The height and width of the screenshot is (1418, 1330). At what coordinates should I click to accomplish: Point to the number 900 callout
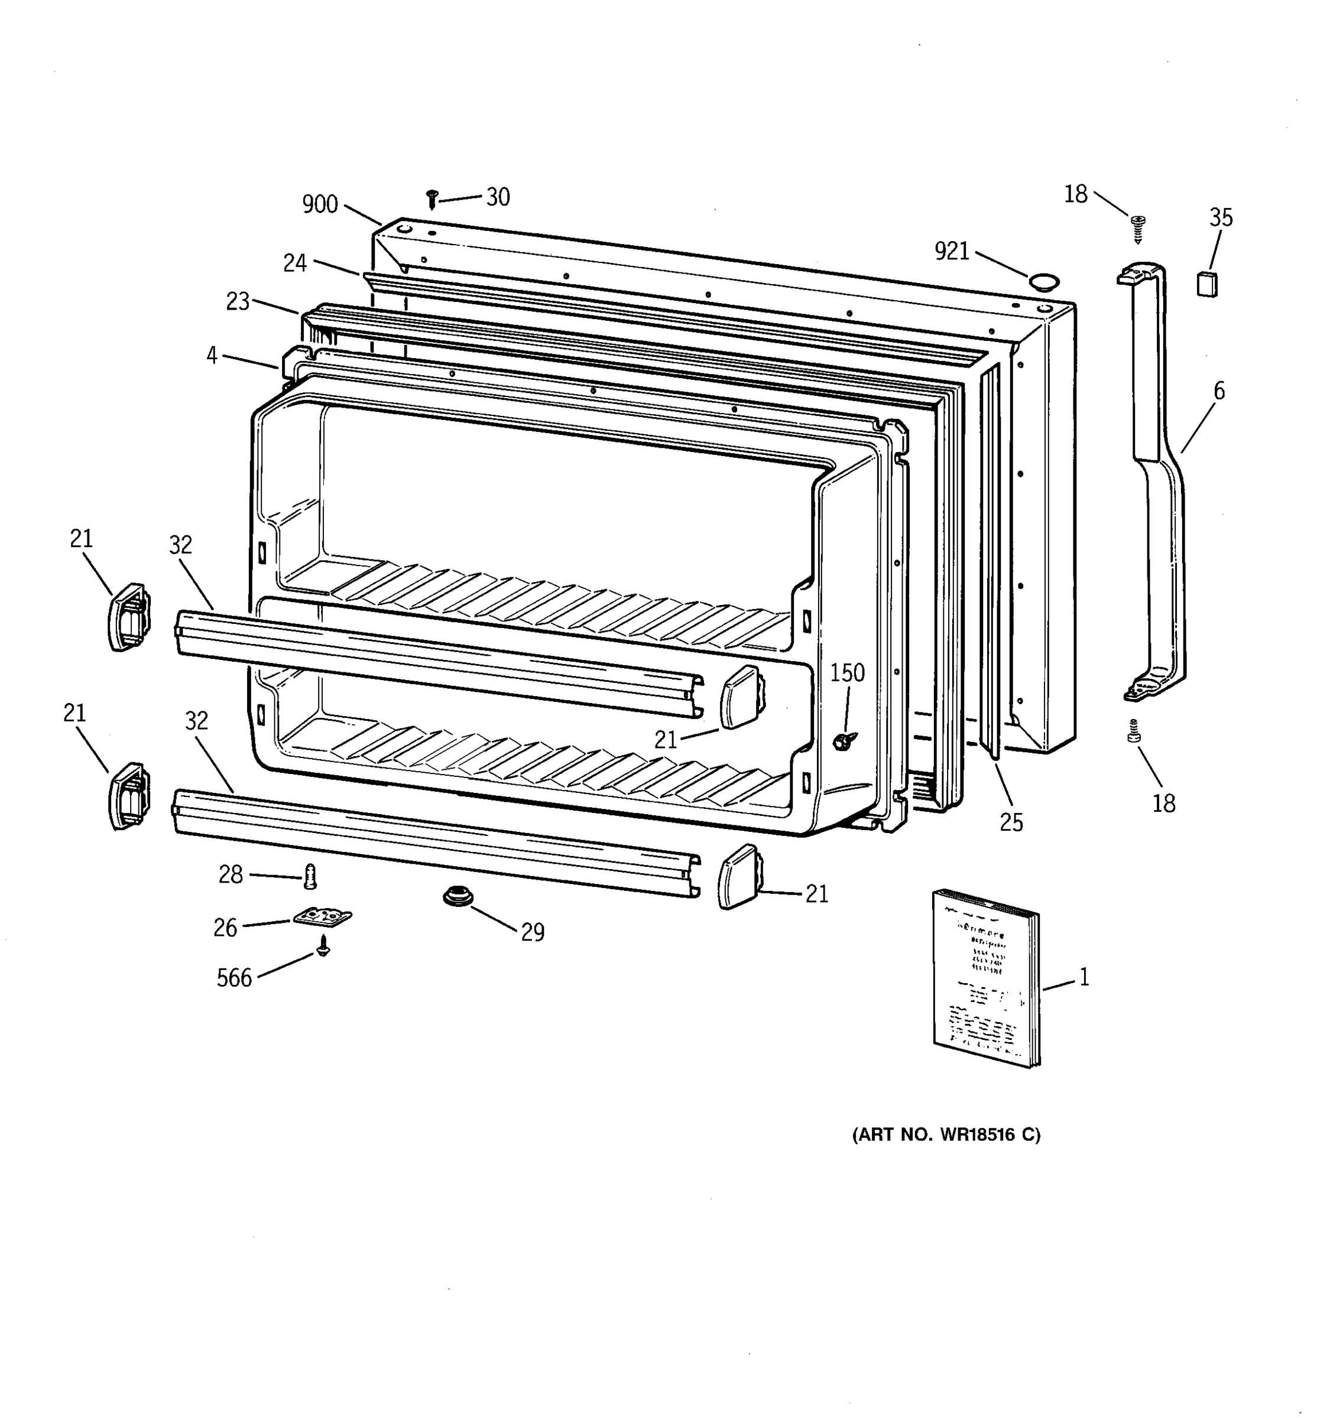pyautogui.click(x=320, y=204)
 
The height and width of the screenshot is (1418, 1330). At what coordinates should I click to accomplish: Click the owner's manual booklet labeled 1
pyautogui.click(x=985, y=978)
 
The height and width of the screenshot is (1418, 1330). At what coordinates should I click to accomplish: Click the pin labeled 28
pyautogui.click(x=310, y=875)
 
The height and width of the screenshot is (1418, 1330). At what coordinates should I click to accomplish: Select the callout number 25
pyautogui.click(x=1011, y=822)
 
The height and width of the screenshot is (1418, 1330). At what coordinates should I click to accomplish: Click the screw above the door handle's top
pyautogui.click(x=1138, y=229)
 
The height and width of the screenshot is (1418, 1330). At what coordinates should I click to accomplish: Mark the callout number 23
pyautogui.click(x=238, y=302)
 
